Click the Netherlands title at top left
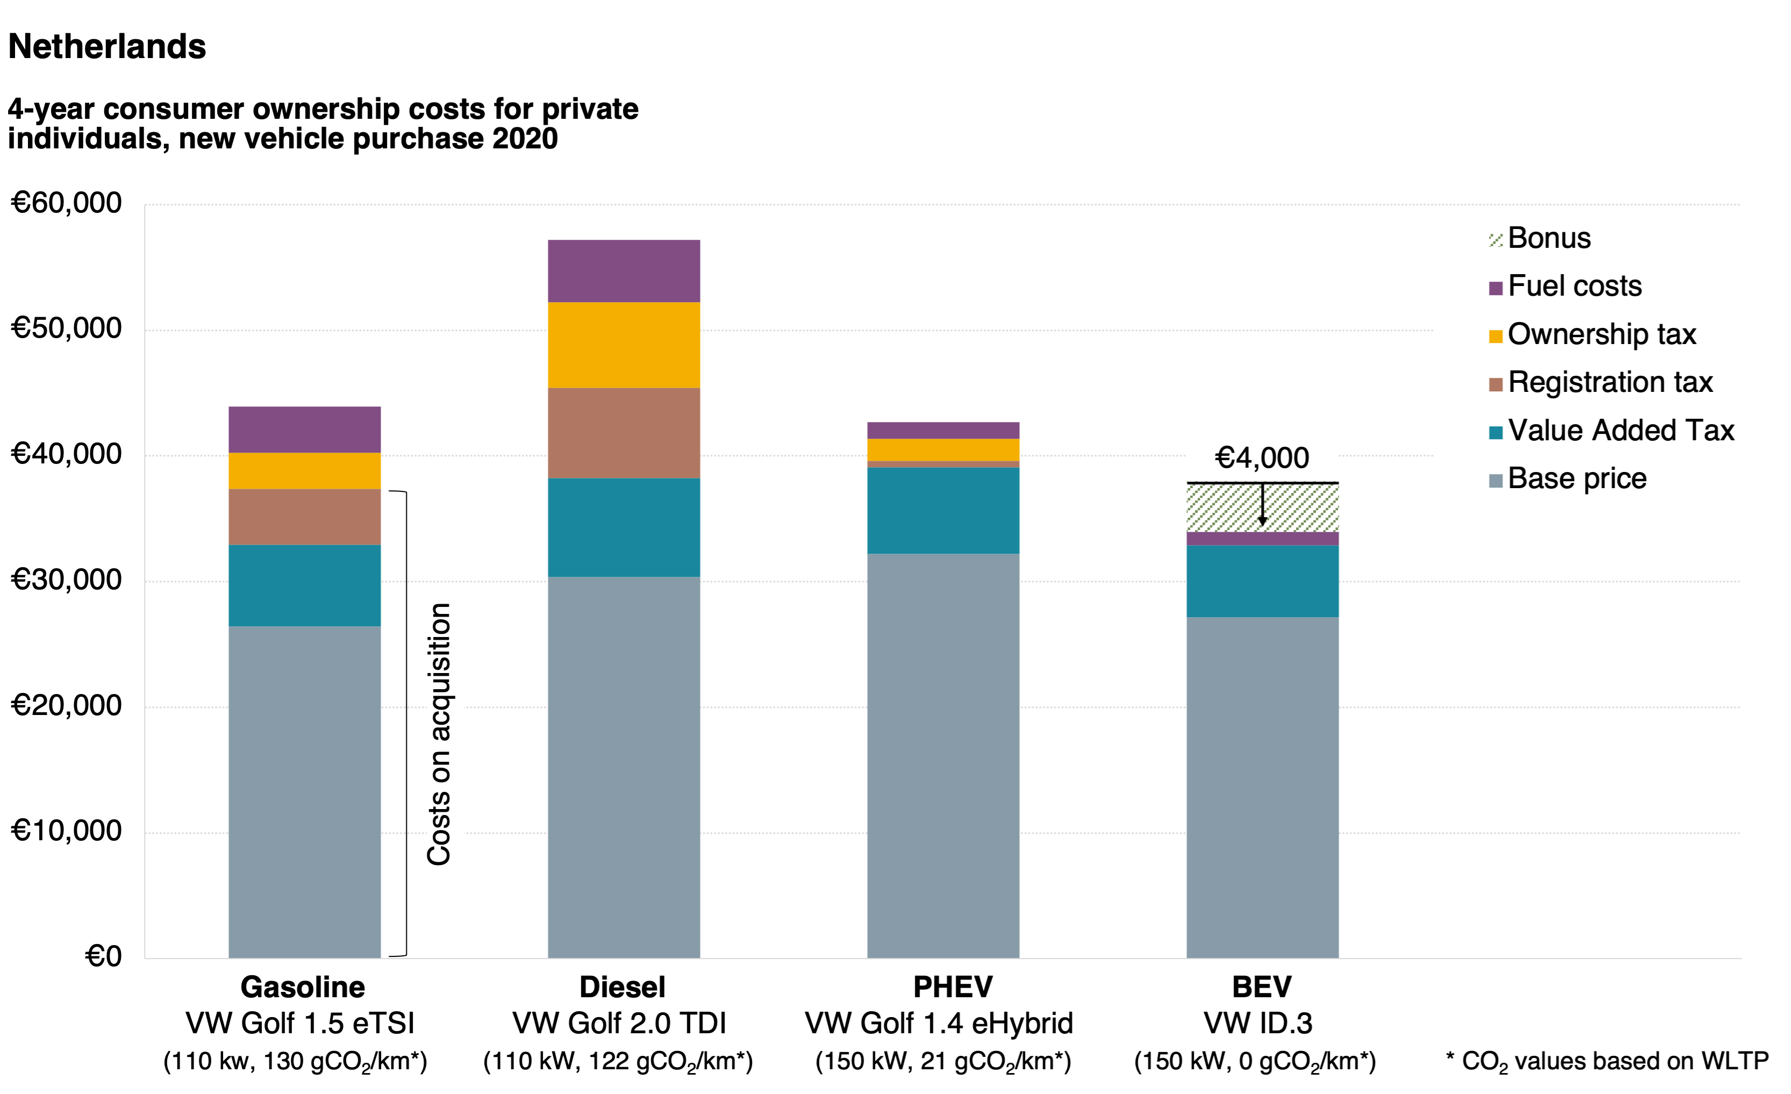107,47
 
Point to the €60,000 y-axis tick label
66,203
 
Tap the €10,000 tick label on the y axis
66,831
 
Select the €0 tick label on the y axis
103,956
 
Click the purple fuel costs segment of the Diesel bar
624,270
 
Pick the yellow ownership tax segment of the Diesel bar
624,345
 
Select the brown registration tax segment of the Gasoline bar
305,517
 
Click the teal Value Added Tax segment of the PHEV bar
943,510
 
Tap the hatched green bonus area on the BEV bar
1221,507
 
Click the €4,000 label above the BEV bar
1262,458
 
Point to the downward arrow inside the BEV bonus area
1263,505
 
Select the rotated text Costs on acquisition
439,734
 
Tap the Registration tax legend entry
1609,382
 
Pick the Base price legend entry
1576,479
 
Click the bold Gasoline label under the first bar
303,987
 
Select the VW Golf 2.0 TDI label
619,1024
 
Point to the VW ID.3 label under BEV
1258,1024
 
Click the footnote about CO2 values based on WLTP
1607,1061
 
